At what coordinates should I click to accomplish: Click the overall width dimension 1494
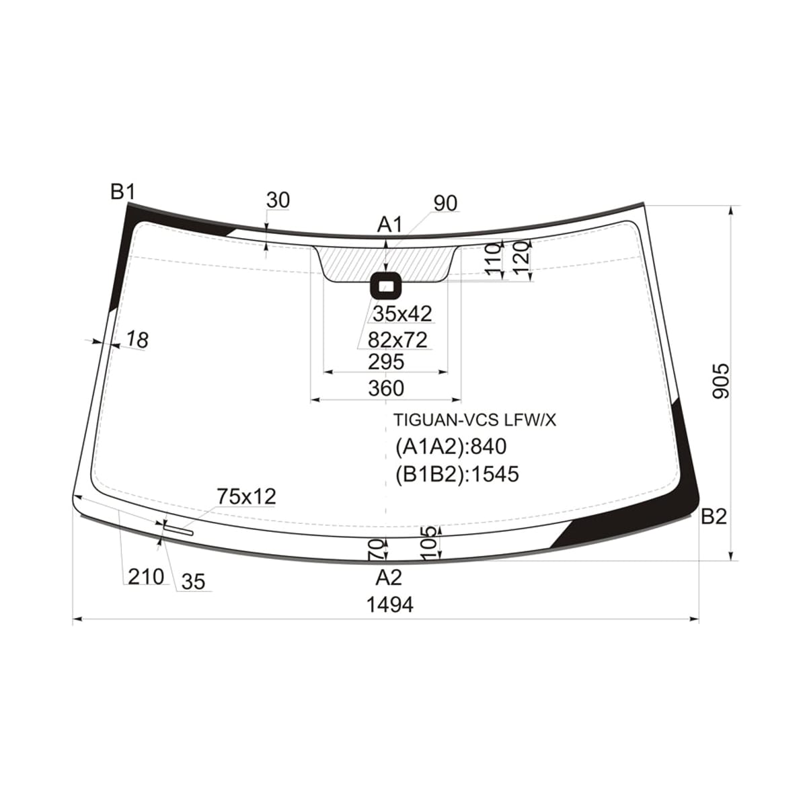click(390, 605)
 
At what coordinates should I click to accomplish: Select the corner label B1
click(122, 192)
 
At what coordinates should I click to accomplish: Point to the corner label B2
click(714, 517)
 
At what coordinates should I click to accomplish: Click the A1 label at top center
click(389, 225)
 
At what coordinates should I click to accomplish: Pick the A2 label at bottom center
click(389, 578)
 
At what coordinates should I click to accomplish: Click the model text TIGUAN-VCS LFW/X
click(475, 420)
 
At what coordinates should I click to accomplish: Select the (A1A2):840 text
click(451, 447)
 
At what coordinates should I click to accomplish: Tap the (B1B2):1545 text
click(457, 474)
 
